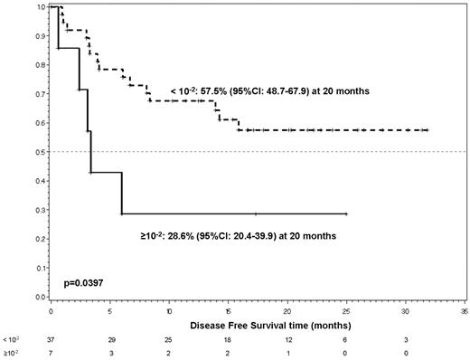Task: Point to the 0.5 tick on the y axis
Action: pos(37,152)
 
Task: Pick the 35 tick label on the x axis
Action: pos(464,309)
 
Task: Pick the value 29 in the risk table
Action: pos(110,338)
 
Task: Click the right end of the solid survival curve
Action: pos(346,214)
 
